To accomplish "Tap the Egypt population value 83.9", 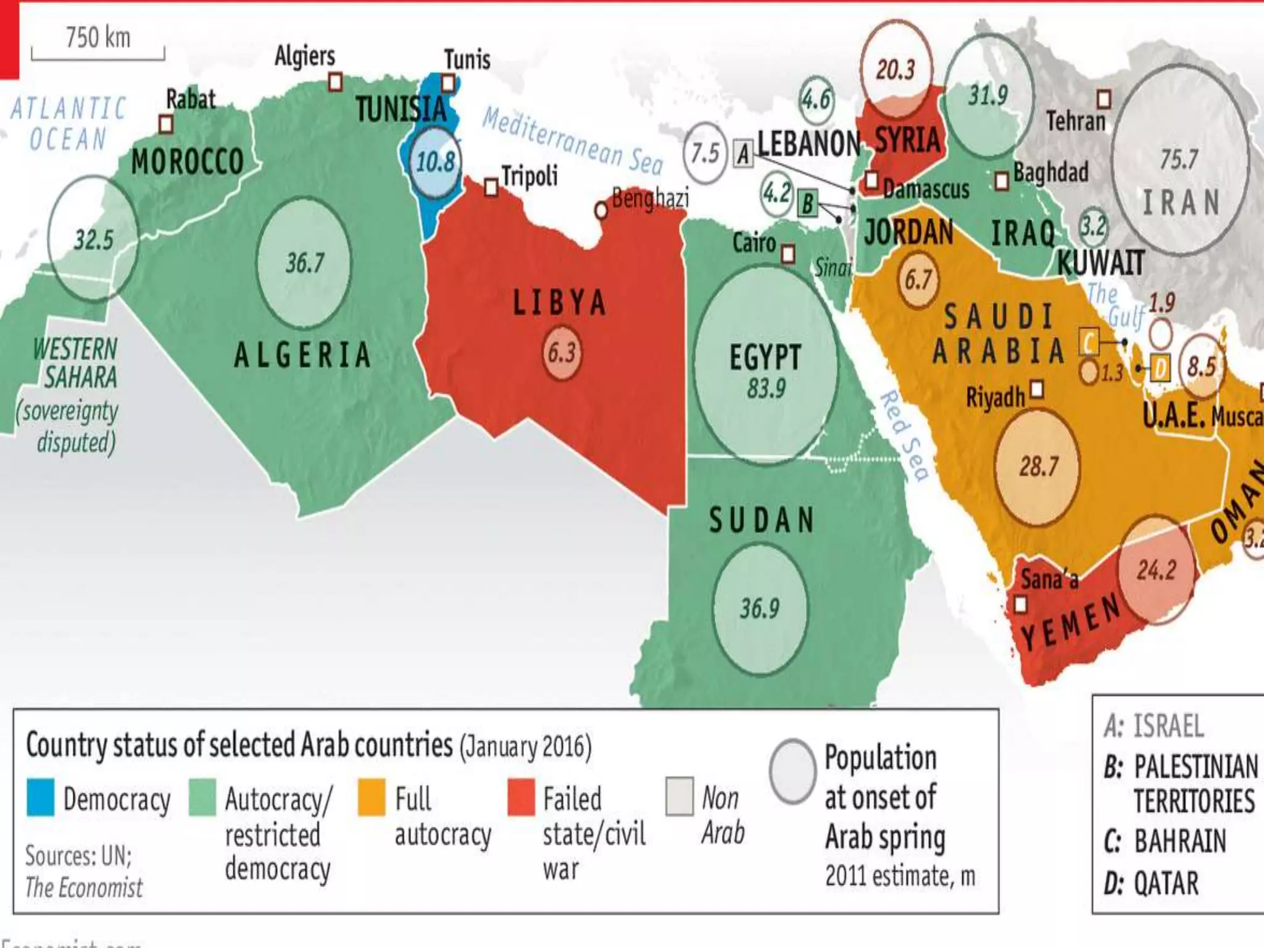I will [766, 389].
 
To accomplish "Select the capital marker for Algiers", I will [335, 81].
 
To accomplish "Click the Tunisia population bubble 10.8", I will [436, 162].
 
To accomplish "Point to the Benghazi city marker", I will [601, 210].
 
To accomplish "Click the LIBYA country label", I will [559, 303].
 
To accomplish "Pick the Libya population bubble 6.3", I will [562, 353].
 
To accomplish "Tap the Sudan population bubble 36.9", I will [760, 609].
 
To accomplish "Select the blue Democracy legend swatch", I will [41, 797].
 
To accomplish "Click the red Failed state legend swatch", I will [521, 797].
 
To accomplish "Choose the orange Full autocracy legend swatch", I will [372, 797].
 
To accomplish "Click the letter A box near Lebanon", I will [744, 153].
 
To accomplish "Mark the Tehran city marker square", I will [1104, 99].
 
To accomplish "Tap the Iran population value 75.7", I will [1179, 159].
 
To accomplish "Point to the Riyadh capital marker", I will [1037, 389].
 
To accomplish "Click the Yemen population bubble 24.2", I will [1156, 570].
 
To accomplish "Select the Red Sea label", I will [905, 435].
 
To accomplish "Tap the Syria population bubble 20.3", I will [896, 69].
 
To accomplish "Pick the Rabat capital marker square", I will [165, 124].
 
